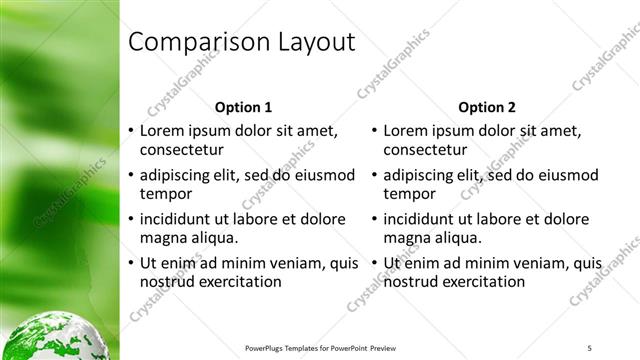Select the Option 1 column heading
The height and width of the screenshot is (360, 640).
click(x=243, y=107)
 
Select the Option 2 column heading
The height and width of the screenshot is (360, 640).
click(x=487, y=107)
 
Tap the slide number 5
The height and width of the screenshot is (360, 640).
click(x=590, y=347)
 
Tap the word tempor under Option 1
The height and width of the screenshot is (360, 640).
click(x=165, y=194)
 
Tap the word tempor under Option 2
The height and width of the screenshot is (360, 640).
click(x=409, y=194)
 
